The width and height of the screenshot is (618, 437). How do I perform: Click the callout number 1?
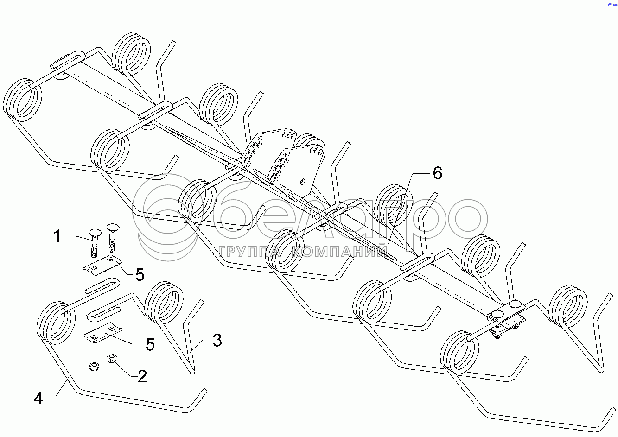[x=57, y=237]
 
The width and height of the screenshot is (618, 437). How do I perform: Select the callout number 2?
[x=142, y=376]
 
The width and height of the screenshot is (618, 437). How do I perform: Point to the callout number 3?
[x=217, y=341]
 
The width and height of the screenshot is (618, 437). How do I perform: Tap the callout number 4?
[x=38, y=398]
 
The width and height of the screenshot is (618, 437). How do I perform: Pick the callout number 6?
[x=437, y=173]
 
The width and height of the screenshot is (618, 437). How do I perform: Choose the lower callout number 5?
[x=150, y=344]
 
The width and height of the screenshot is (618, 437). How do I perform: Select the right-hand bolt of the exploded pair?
[x=112, y=237]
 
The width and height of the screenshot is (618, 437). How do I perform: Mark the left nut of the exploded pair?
[x=93, y=367]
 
